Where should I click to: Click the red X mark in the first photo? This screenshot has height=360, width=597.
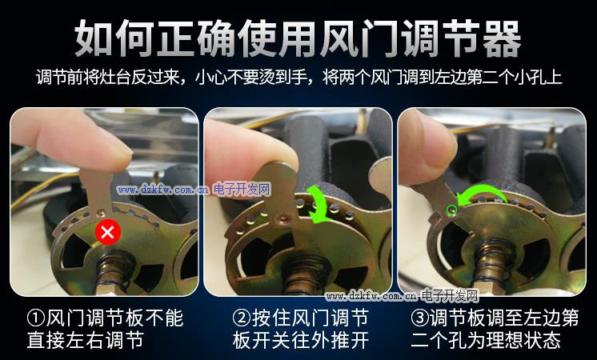[x=108, y=232]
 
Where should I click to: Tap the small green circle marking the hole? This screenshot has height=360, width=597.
[x=451, y=209]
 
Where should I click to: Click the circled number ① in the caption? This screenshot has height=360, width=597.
[x=36, y=318]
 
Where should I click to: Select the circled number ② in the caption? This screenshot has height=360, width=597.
[x=242, y=318]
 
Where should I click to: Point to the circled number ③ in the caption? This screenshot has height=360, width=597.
[x=420, y=318]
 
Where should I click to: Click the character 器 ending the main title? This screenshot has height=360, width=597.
[x=501, y=39]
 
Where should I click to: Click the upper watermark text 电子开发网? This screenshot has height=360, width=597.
[x=242, y=189]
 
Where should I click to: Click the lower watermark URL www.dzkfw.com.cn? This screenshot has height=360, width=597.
[x=371, y=296]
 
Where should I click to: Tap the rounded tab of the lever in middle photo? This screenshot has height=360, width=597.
[x=281, y=179]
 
